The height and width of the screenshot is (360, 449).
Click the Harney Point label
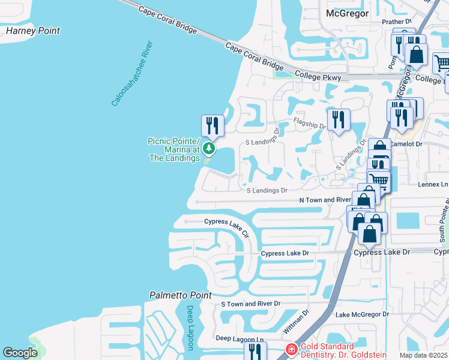coord(32,31)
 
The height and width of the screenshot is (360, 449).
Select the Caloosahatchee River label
coord(133,74)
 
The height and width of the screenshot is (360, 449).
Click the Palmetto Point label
coord(180,295)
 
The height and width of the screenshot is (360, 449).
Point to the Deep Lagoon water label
coord(190,328)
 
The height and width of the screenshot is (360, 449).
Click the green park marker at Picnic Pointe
coord(208,148)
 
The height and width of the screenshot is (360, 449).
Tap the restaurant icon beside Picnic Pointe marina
coord(212,125)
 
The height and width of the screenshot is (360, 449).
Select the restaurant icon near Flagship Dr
coord(339,119)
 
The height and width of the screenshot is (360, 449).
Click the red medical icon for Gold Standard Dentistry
coord(291,349)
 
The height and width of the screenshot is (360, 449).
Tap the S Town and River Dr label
coord(251,304)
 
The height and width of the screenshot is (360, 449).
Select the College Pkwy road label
coord(318,77)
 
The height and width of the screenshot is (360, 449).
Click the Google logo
coord(20,353)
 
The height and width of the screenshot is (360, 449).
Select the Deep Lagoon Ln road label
coord(240,339)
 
